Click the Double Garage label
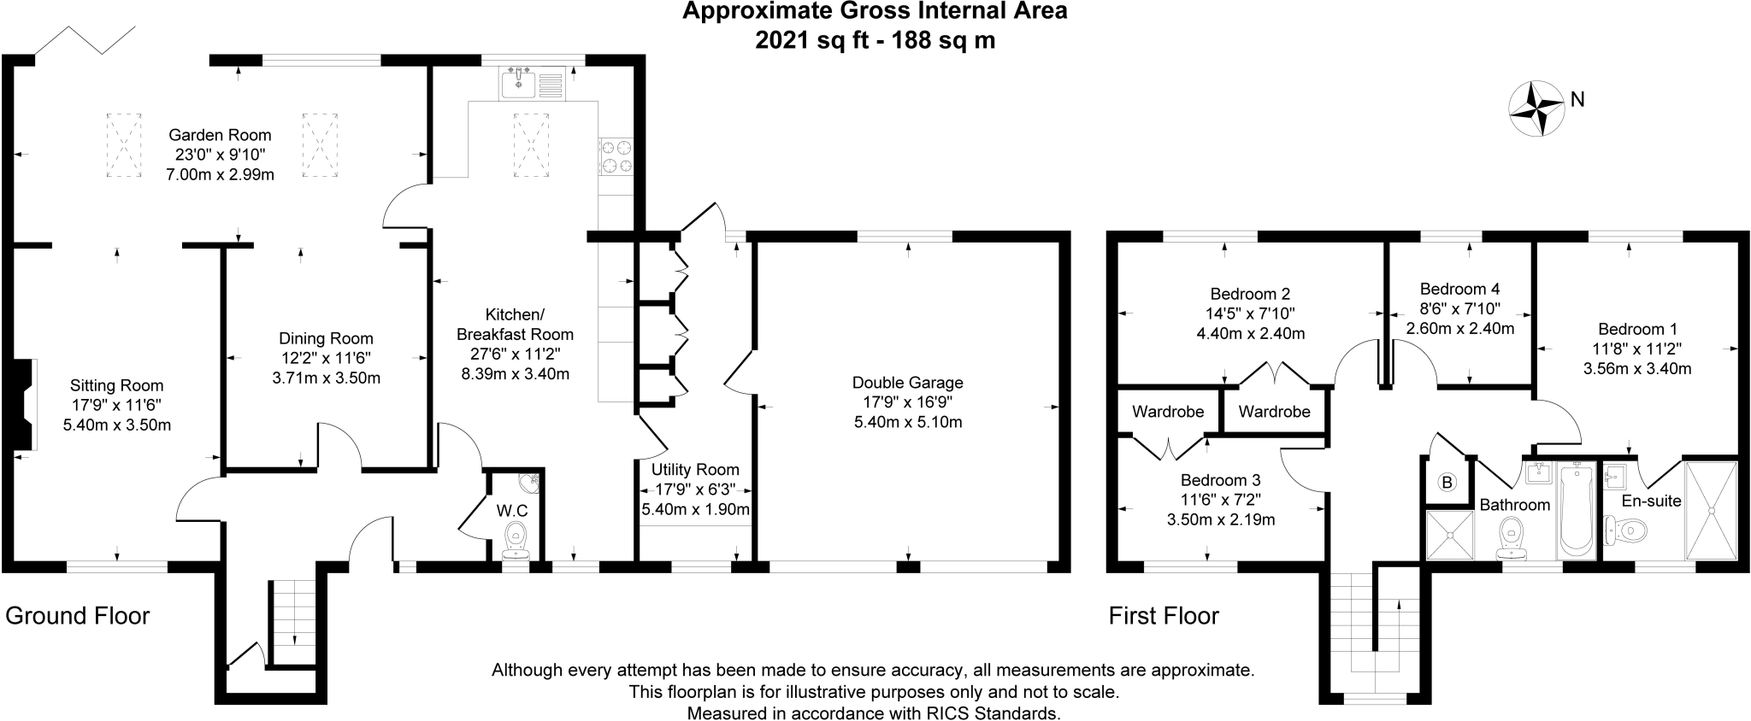[x=907, y=382]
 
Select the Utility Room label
[x=694, y=469]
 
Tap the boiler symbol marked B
[x=1447, y=484]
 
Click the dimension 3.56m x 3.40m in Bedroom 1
[x=1637, y=369]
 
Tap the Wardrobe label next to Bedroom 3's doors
[x=1168, y=411]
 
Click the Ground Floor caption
[x=77, y=615]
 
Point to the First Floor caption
[x=1163, y=615]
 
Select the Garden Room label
[x=220, y=135]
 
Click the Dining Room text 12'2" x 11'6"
[x=326, y=358]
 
